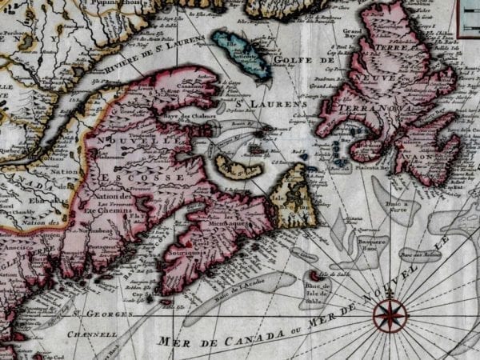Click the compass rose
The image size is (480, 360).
tap(390, 314)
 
